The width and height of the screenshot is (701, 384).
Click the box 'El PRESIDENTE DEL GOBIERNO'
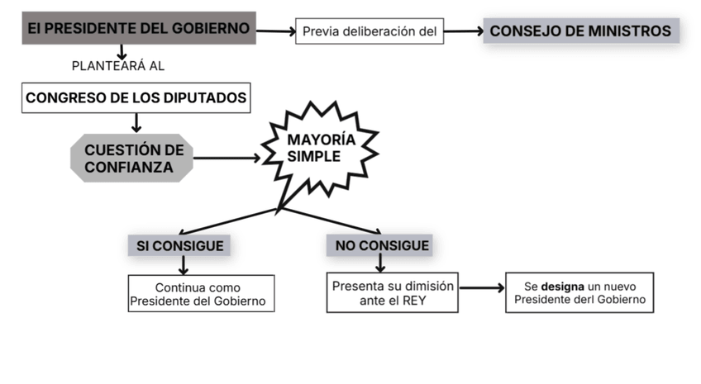137,29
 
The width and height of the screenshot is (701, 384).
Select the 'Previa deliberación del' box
369,31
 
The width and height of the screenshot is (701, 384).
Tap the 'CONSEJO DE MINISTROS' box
580,31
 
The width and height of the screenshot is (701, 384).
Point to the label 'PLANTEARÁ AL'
124,65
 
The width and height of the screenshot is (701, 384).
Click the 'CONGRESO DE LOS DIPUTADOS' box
136,98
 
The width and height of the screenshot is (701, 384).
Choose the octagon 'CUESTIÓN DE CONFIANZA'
133,158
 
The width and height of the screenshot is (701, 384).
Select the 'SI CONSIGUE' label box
180,245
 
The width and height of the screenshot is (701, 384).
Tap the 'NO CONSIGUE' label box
382,245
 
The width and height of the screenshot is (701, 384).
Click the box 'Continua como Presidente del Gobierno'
201,294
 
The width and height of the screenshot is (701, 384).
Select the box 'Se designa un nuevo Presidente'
579,293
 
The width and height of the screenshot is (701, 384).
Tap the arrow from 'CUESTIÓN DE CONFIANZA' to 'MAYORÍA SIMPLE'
227,158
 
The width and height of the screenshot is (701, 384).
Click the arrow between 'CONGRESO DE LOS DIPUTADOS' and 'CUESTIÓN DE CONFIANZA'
136,122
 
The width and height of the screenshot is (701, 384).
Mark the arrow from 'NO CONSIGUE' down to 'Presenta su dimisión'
380,263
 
